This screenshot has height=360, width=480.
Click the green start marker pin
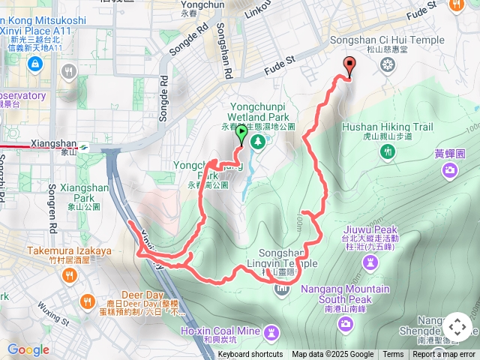click(x=241, y=134)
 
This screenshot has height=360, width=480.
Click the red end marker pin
click(x=349, y=66)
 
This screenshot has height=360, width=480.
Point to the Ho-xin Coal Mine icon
click(x=271, y=330)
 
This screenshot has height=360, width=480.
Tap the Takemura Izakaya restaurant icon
click(x=70, y=275)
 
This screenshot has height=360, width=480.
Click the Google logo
click(x=28, y=349)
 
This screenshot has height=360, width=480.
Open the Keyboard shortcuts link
click(x=250, y=355)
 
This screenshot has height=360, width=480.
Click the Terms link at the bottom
click(x=393, y=355)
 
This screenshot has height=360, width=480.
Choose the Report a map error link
click(x=444, y=355)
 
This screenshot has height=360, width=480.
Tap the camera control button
click(x=457, y=327)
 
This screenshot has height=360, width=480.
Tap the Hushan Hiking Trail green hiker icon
click(x=388, y=151)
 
